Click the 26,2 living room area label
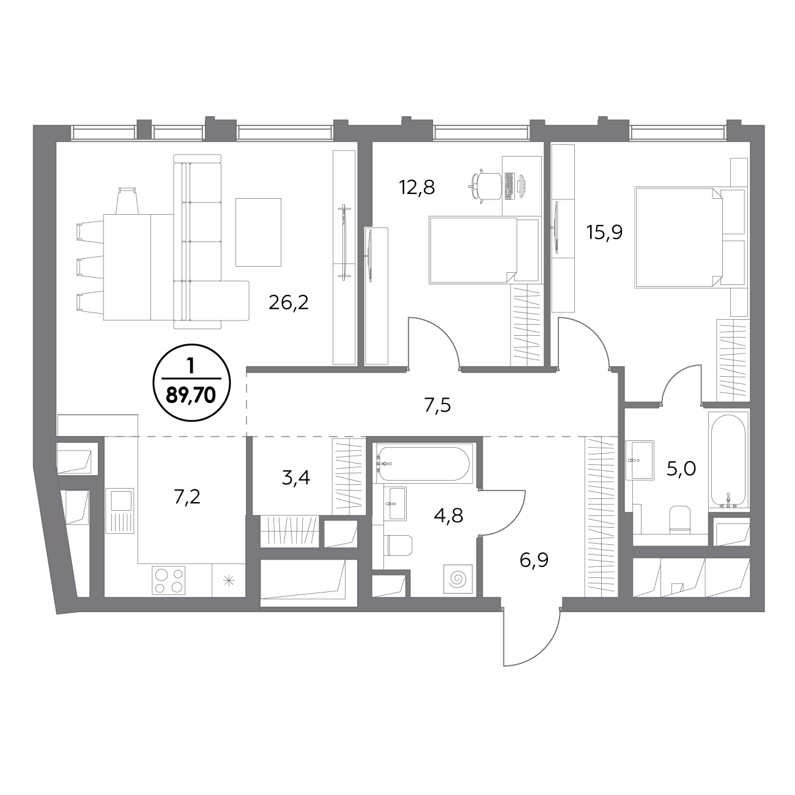(289, 304)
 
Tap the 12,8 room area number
(417, 188)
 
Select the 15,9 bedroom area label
(604, 232)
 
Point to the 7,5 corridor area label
(438, 405)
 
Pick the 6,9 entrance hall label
(534, 561)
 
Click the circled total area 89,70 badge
(191, 382)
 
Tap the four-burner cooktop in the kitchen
(168, 580)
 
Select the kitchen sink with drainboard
(120, 511)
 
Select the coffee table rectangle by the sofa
(258, 232)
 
